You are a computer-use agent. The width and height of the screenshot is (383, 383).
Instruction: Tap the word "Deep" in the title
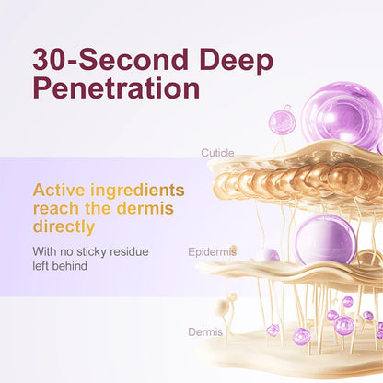tap(238, 61)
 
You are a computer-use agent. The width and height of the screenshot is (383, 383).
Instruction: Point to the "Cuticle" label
tap(217, 153)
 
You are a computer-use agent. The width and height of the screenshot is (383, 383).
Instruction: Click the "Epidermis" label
tap(212, 250)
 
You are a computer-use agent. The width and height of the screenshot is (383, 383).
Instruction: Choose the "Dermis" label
tap(205, 331)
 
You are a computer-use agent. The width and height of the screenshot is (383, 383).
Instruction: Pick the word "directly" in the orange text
tap(64, 226)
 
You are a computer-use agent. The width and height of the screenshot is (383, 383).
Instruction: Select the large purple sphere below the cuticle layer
tap(325, 239)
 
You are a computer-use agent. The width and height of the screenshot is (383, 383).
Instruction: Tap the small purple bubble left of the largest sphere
tap(283, 120)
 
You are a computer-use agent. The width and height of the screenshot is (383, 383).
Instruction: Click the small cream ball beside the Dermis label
tap(222, 308)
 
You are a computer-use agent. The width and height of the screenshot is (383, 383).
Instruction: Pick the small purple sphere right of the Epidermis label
tap(268, 254)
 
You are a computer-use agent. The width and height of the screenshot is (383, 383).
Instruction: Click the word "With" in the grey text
tap(45, 250)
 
